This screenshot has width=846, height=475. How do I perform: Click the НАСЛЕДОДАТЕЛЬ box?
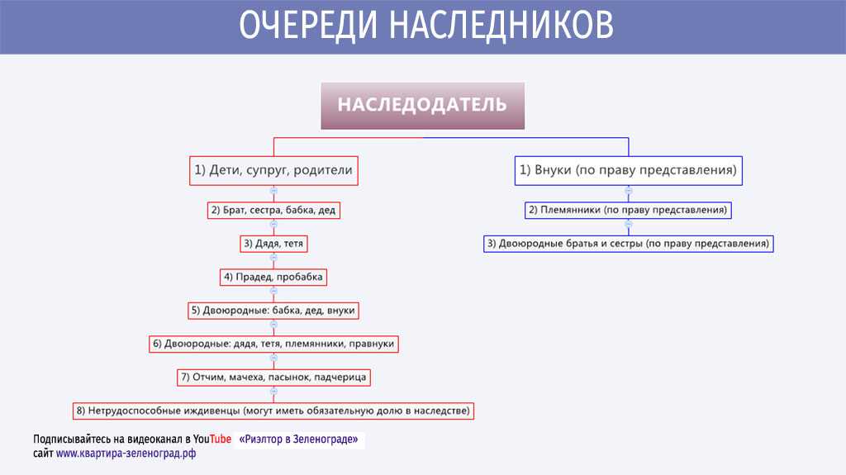pyautogui.click(x=422, y=106)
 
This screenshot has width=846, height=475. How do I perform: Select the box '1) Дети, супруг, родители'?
pyautogui.click(x=273, y=170)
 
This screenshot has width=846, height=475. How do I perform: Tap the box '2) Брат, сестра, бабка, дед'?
pyautogui.click(x=273, y=210)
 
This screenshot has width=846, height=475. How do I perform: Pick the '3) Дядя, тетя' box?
pyautogui.click(x=273, y=244)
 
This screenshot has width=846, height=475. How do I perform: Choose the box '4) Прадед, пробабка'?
pyautogui.click(x=273, y=277)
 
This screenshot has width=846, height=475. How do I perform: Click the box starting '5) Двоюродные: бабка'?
pyautogui.click(x=273, y=311)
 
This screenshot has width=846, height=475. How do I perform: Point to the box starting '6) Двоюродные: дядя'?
pyautogui.click(x=273, y=344)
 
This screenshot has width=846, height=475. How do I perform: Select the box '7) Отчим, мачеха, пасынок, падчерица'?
pyautogui.click(x=273, y=378)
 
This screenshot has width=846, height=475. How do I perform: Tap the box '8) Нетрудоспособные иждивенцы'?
pyautogui.click(x=273, y=411)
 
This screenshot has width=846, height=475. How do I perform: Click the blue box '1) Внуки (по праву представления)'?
pyautogui.click(x=629, y=170)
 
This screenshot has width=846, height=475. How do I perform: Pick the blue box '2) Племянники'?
pyautogui.click(x=628, y=210)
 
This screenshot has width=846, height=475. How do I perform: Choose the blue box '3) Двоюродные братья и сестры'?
pyautogui.click(x=629, y=244)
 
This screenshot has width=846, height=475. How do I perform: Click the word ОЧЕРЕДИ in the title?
pyautogui.click(x=308, y=25)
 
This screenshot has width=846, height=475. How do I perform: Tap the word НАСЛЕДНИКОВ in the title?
pyautogui.click(x=501, y=25)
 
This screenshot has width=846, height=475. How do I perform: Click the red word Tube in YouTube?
pyautogui.click(x=220, y=439)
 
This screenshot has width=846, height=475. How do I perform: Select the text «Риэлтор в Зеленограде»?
pyautogui.click(x=298, y=439)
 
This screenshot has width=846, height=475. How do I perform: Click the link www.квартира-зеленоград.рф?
pyautogui.click(x=126, y=454)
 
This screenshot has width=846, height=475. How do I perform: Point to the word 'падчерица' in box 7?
pyautogui.click(x=340, y=378)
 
